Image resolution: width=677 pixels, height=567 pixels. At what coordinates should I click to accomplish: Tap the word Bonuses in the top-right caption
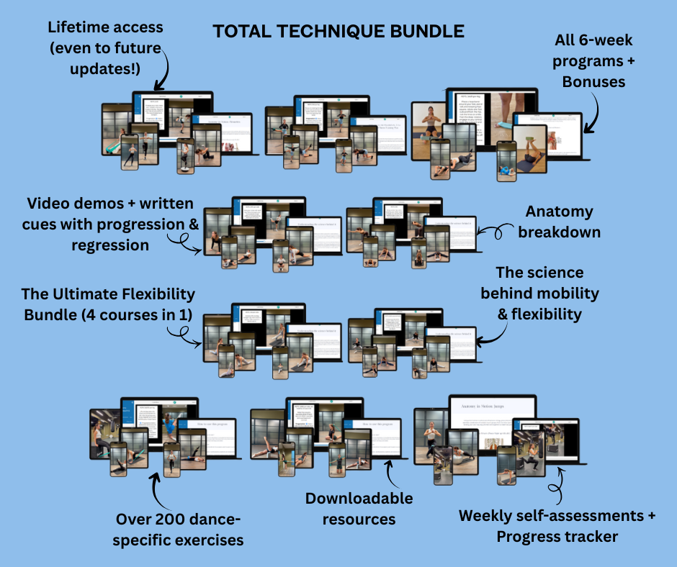pos(595,81)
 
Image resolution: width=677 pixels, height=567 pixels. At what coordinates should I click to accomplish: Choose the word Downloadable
pos(359,499)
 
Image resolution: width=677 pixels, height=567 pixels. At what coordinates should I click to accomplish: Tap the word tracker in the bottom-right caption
pos(581,536)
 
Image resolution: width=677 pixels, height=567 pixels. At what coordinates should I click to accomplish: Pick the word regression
pos(110,245)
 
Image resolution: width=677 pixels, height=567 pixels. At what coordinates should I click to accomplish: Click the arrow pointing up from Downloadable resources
pos(390,474)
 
